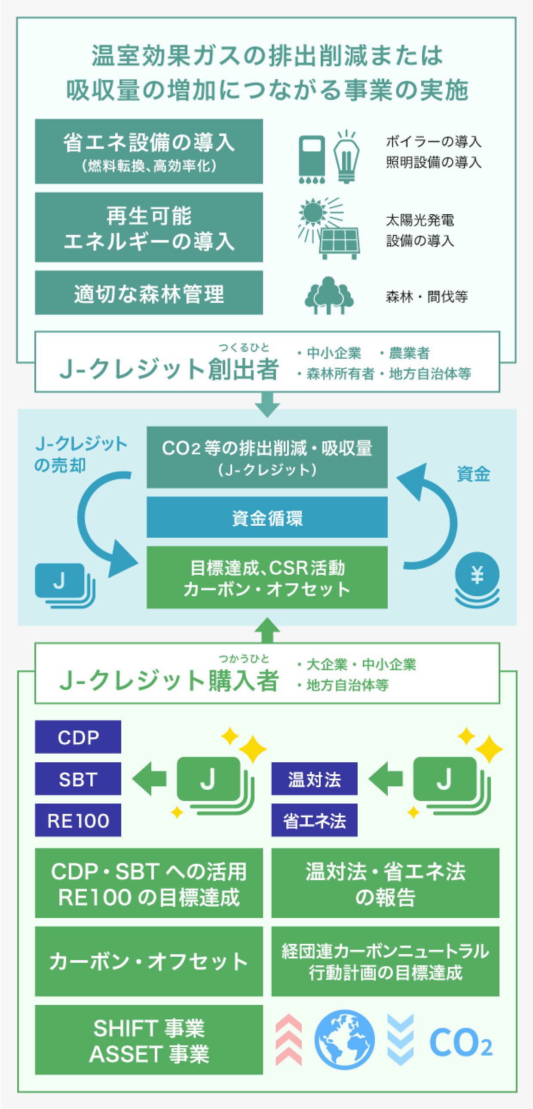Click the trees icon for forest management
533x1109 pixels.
[x=329, y=296]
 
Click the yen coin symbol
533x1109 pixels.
[x=477, y=575]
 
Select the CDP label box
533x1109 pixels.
[x=78, y=736]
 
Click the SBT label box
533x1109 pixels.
[x=78, y=778]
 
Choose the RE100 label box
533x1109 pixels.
[x=78, y=820]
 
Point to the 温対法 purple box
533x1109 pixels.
[x=314, y=778]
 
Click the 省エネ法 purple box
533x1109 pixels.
[x=314, y=820]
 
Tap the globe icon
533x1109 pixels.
[x=344, y=1040]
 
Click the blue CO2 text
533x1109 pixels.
[x=460, y=1042]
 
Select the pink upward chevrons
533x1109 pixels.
[x=289, y=1040]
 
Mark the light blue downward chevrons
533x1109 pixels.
[x=400, y=1040]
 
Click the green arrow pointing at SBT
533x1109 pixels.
[x=149, y=778]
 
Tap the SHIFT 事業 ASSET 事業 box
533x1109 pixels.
[x=149, y=1040]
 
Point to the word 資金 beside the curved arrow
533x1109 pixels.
[x=473, y=474]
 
